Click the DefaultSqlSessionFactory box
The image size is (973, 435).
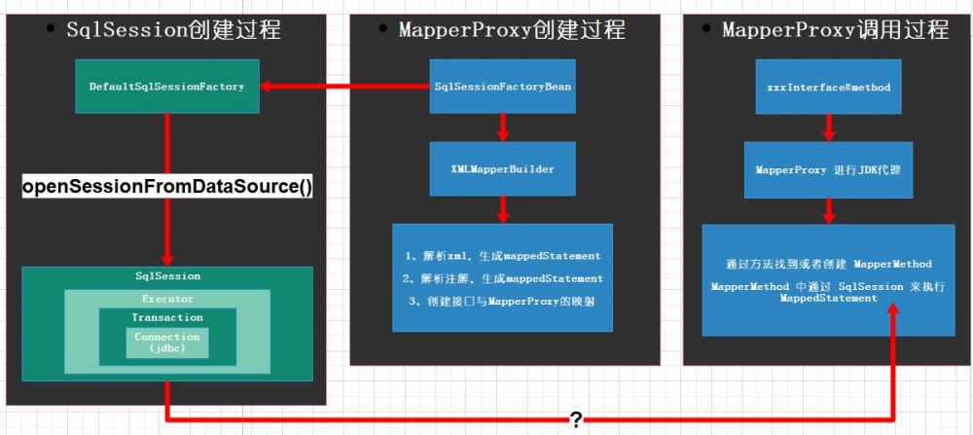pos(166,87)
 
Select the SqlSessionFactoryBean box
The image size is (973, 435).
pos(503,87)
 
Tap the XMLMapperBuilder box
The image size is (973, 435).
pos(503,168)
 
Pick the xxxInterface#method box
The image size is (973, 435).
pos(828,87)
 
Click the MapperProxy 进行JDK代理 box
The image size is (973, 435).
pos(828,168)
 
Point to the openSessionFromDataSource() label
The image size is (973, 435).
pos(167,187)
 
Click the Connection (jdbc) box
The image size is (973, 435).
pos(166,343)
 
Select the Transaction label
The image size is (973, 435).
pos(166,317)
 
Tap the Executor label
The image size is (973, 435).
pos(166,299)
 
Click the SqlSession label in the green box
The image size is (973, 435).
pos(167,276)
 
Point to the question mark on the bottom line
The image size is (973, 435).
pos(576,419)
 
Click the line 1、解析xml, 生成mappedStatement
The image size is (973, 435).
pos(503,256)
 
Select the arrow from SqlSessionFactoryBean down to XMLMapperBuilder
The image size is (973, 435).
pos(503,127)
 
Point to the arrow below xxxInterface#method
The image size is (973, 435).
pos(828,127)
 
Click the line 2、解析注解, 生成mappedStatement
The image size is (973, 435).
pos(503,278)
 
